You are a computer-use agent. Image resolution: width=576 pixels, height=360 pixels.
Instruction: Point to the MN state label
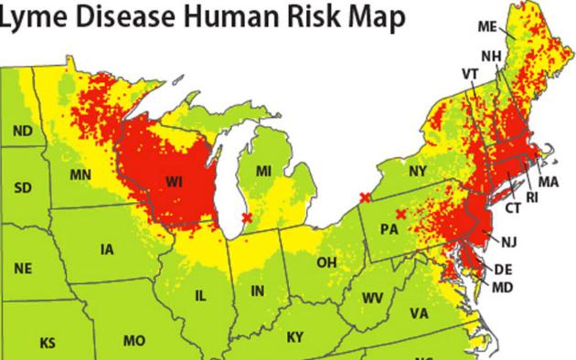pyautogui.click(x=80, y=174)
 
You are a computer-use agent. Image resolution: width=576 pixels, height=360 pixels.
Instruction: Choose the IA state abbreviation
pyautogui.click(x=108, y=249)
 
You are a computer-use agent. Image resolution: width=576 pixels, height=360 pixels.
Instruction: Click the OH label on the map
pyautogui.click(x=326, y=262)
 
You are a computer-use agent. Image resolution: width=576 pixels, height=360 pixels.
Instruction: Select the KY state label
pyautogui.click(x=294, y=337)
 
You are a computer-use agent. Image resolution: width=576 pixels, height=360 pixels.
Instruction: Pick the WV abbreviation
pyautogui.click(x=372, y=298)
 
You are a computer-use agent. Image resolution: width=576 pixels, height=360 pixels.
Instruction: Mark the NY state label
pyautogui.click(x=418, y=171)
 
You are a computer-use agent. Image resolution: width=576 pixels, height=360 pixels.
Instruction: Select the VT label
pyautogui.click(x=470, y=73)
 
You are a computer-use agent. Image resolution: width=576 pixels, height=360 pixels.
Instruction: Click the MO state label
pyautogui.click(x=134, y=341)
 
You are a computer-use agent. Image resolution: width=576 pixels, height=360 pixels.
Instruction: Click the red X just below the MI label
pyautogui.click(x=246, y=217)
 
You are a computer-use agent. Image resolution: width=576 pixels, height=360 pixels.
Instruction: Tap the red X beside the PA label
pyautogui.click(x=400, y=214)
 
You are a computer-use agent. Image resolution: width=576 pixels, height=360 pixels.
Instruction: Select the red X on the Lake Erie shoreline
pyautogui.click(x=365, y=197)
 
